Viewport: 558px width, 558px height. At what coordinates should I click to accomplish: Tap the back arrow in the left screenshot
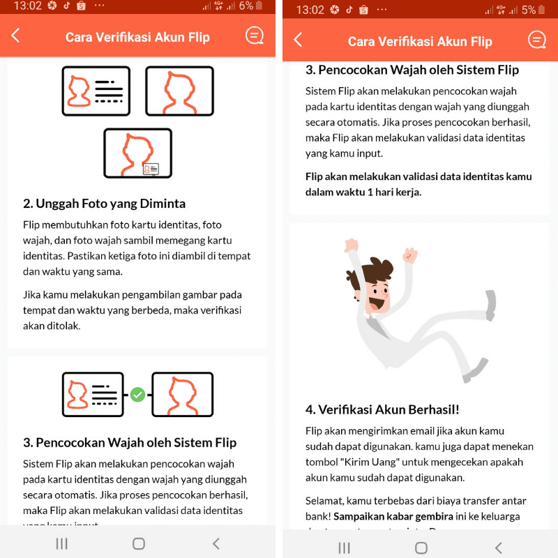tap(16, 36)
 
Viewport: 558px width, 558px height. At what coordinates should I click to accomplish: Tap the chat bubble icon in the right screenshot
tap(536, 40)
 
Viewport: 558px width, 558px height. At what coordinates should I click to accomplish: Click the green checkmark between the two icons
tap(138, 395)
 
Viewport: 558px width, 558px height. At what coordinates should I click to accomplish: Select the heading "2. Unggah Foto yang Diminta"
tap(104, 204)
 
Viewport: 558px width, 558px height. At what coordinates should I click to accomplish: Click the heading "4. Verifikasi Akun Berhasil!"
tap(382, 409)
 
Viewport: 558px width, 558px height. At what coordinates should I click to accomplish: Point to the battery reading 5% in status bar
tap(528, 10)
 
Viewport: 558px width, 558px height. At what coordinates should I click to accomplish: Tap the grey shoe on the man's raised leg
tap(491, 301)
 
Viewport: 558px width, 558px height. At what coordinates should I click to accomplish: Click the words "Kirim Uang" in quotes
tap(365, 462)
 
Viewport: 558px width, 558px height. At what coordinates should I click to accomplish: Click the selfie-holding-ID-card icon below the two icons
tap(137, 153)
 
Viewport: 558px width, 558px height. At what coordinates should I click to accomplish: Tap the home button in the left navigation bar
tap(138, 543)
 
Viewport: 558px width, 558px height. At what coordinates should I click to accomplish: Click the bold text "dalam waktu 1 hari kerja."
tap(363, 191)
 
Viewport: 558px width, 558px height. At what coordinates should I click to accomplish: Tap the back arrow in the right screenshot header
tap(299, 40)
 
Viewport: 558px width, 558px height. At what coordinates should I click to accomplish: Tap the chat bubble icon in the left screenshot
tap(254, 36)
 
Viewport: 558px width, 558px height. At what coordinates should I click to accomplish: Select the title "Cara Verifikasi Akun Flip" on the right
tap(419, 41)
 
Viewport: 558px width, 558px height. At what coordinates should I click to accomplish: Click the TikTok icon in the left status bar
tap(67, 6)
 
